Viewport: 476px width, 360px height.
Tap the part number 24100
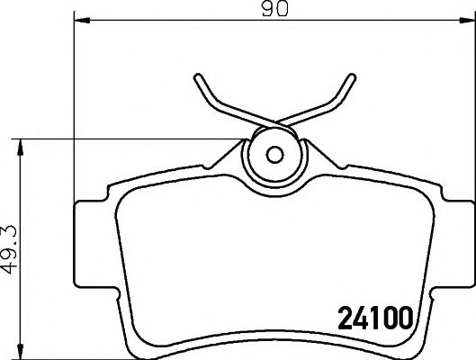[373, 318]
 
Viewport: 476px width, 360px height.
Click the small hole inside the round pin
[274, 152]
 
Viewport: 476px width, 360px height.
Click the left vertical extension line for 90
[71, 108]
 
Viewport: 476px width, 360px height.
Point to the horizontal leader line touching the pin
[135, 139]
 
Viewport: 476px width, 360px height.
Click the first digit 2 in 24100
[343, 318]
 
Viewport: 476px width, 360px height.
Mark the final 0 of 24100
[404, 318]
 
